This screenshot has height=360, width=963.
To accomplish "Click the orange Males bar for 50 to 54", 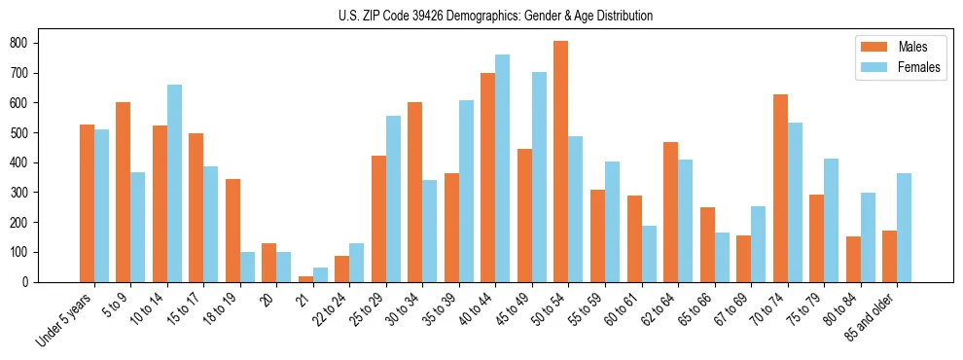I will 561,162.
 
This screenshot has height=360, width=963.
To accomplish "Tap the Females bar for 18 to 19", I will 247,268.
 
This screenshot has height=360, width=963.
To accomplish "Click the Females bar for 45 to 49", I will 539,177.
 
